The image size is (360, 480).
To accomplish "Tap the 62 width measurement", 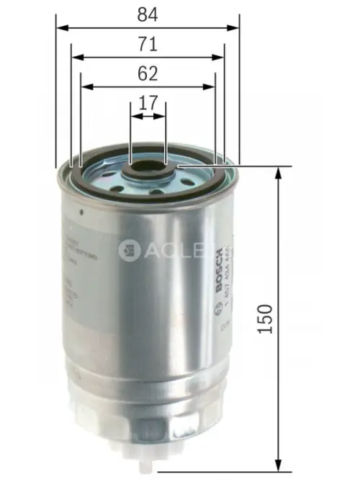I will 148,73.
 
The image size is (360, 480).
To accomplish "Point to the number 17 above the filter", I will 148,103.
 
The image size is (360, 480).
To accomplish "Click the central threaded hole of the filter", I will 148,171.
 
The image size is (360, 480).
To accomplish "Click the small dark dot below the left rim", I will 84,211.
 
